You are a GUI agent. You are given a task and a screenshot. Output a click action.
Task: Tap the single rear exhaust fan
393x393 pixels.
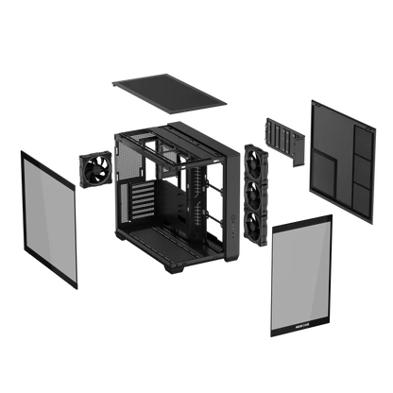[x=95, y=172]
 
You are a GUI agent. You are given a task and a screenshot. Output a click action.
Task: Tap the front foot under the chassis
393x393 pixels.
[x=207, y=274]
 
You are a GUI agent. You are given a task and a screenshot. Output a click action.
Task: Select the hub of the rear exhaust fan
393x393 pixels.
[x=95, y=172]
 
